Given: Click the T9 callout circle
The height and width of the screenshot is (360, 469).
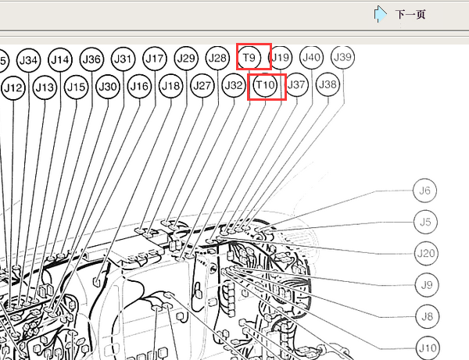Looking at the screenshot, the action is coord(249,57).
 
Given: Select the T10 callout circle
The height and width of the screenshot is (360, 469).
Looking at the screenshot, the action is coord(265,85).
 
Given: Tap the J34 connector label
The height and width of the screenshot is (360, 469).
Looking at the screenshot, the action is coord(28,60).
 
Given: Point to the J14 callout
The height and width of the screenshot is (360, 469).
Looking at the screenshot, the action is coord(60,60).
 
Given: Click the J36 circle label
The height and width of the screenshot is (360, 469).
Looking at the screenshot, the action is coord(91,59).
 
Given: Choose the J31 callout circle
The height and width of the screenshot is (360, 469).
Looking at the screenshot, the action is coord(123,59).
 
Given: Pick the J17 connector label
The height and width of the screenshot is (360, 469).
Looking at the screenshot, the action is coord(155,59).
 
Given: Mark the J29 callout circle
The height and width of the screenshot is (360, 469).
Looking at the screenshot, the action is coord(186,58).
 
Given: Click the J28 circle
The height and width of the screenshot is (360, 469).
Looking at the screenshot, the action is coord(217,58).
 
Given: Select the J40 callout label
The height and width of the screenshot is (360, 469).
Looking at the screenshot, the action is coord(311,57).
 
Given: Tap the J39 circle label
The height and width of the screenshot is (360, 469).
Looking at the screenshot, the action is coord(343,57).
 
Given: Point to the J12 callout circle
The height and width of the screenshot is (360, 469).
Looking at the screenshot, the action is coord(13,88).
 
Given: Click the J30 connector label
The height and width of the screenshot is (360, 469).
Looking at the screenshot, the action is coord(108,87).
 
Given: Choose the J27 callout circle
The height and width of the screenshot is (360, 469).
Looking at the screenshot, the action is coord(202,86).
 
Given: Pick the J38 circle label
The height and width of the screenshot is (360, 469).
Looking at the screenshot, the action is coord(328,84).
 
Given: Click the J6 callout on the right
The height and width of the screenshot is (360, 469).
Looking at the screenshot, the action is coord(424,191).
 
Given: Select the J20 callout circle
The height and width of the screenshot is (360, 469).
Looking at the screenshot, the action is coord(426,253).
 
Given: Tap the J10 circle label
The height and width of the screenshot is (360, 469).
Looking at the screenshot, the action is coord(428,348).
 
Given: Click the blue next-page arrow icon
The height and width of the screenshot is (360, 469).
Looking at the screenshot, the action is coord(380,14).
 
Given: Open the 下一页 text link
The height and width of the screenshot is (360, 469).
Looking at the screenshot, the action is coord(410,14).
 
